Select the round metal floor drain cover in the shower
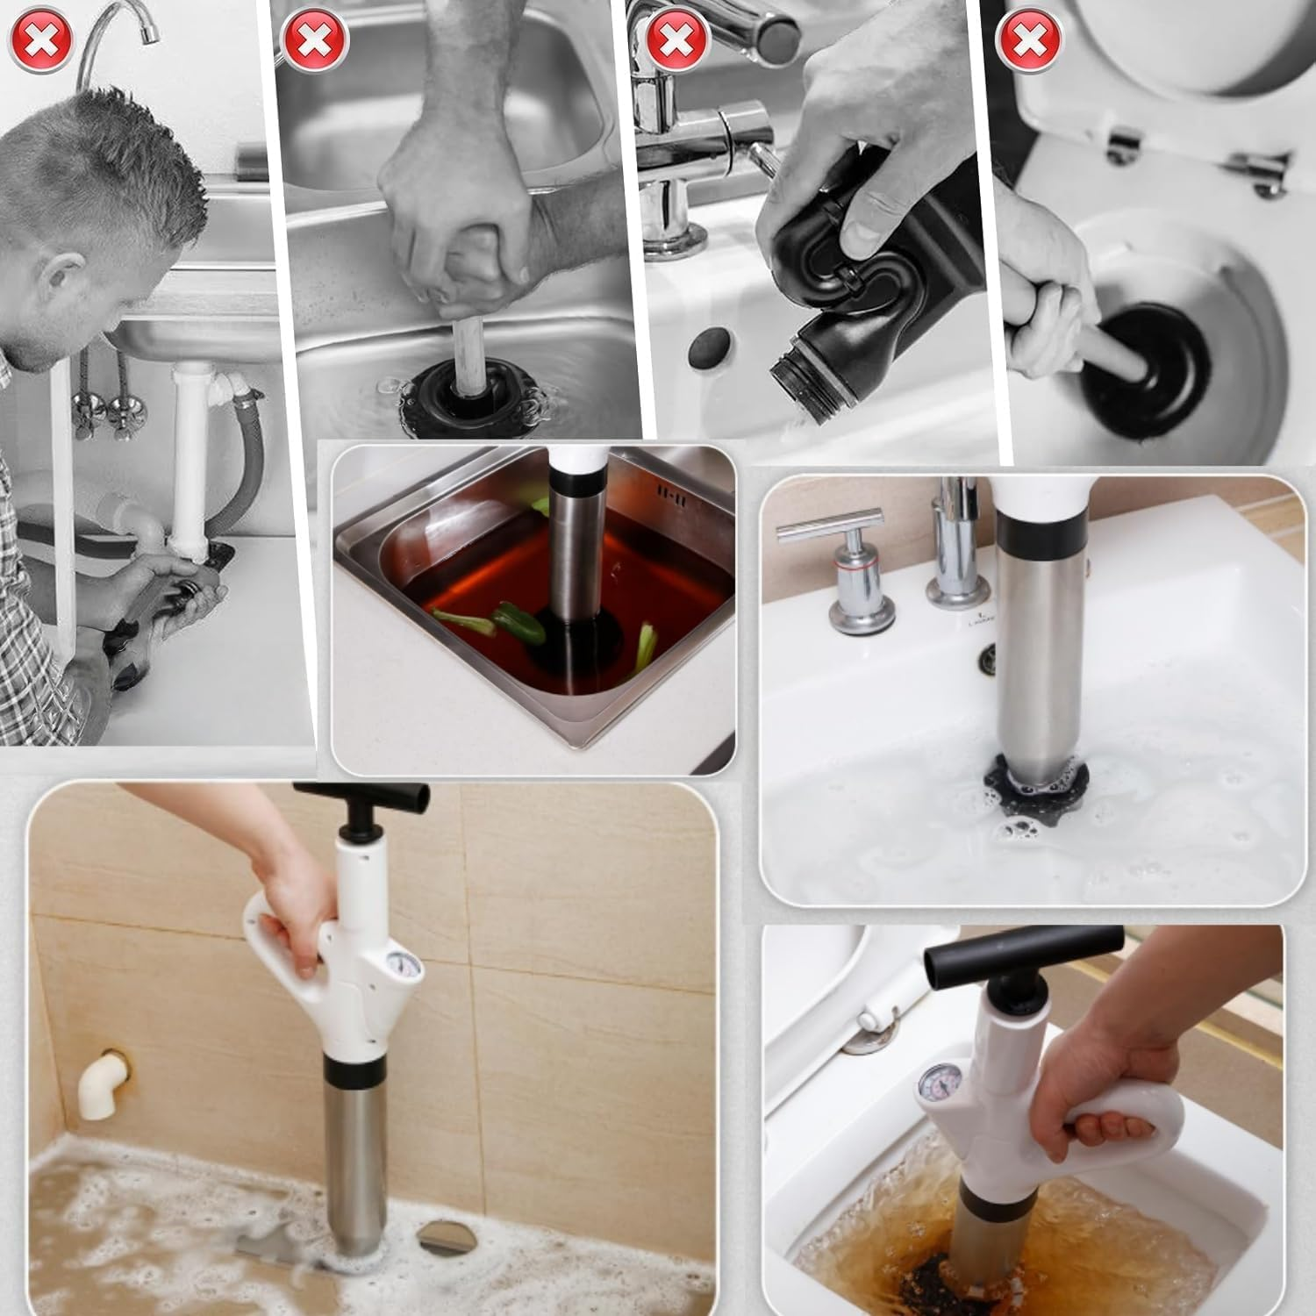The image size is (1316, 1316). coord(442,1238)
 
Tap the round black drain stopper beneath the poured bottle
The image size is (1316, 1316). coord(711,346)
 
